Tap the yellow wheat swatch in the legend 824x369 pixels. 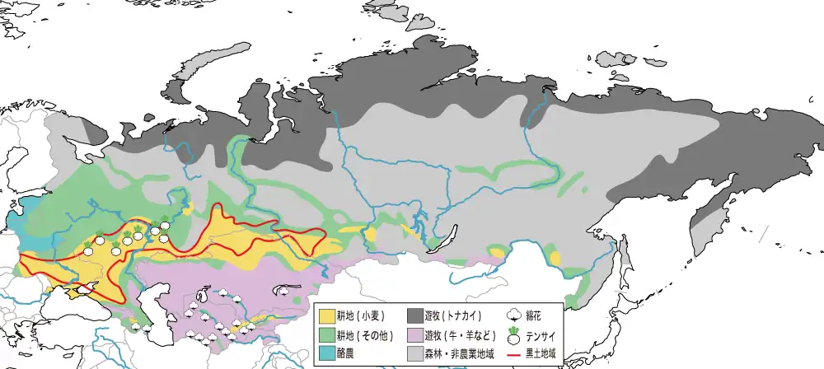tap(325, 315)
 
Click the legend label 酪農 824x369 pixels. tap(345, 353)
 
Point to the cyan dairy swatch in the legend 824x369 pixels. tap(325, 353)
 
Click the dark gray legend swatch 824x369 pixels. tap(414, 315)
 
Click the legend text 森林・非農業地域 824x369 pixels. tap(458, 353)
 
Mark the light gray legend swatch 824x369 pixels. tap(414, 353)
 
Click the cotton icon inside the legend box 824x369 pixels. tap(514, 315)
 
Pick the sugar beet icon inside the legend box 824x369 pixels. tap(514, 334)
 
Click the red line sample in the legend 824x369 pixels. tap(514, 353)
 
